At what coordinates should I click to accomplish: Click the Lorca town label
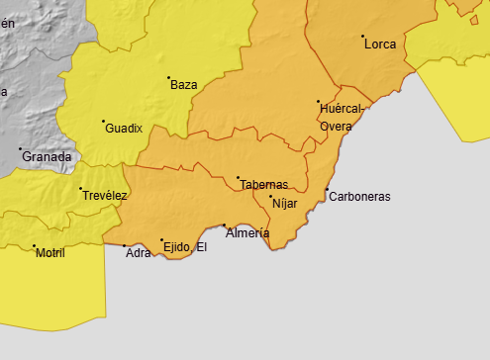(380, 45)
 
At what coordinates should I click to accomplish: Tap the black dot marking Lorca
(363, 37)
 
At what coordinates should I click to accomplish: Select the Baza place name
(183, 85)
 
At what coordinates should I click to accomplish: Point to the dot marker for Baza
(168, 77)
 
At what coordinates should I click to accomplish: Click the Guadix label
(124, 129)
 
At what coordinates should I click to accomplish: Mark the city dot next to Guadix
(103, 122)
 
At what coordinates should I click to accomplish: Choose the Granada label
(47, 157)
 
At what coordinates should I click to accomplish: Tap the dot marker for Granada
(21, 149)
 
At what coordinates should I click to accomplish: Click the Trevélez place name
(105, 196)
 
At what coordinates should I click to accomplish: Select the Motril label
(49, 254)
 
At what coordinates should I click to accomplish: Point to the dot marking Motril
(34, 246)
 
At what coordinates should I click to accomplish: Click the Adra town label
(139, 253)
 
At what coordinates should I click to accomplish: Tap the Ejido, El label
(186, 246)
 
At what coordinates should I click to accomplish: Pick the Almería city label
(247, 233)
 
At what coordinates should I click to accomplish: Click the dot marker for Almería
(225, 225)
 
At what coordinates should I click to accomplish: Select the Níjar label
(284, 204)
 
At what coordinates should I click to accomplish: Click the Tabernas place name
(263, 185)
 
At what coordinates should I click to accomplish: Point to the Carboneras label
(359, 196)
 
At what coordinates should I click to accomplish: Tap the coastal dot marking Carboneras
(327, 189)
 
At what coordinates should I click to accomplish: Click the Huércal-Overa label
(343, 117)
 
